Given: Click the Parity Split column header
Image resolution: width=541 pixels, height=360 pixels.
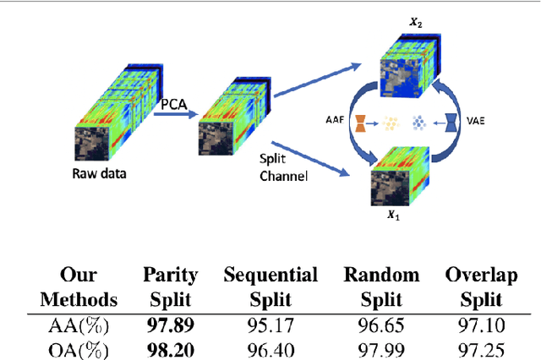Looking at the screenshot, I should [170, 287].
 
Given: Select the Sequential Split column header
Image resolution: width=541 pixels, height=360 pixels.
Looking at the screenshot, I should [270, 287].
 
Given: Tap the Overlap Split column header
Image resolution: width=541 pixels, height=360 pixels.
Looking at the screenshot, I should [482, 287].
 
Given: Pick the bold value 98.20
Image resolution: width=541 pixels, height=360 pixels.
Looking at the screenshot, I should [170, 346].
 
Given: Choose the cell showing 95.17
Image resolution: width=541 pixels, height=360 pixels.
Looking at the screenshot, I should [270, 323].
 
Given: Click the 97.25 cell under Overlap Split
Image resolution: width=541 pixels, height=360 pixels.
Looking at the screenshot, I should [482, 346].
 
